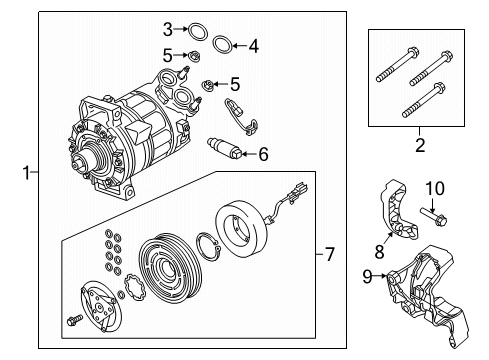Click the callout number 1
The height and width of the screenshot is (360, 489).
[27, 172]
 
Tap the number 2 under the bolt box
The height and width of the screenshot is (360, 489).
[420, 145]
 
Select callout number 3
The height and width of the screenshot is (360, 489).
[169, 28]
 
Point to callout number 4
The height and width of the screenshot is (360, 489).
[253, 44]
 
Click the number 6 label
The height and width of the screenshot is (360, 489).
[263, 155]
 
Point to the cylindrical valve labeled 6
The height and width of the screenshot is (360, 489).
[226, 150]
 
